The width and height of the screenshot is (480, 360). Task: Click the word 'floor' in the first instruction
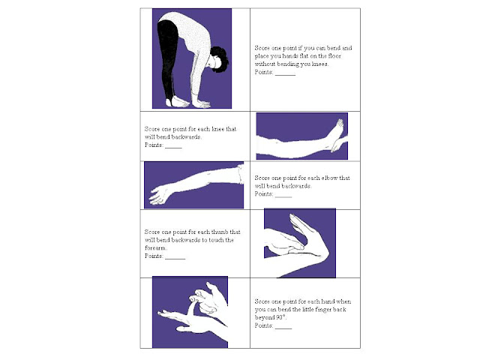coord(334,56)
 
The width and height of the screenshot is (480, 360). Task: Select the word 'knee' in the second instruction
coord(218,129)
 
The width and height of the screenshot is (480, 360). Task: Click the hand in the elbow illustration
coord(159,194)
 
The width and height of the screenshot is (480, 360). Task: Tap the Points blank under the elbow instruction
coord(283,196)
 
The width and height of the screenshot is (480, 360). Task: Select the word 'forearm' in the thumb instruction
coord(155,248)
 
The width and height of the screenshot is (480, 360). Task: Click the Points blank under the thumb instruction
coord(175,259)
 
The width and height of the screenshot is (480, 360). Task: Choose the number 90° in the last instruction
coord(280,317)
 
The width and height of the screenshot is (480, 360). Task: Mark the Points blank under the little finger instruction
coord(283,328)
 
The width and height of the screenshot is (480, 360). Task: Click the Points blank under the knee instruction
coord(173,148)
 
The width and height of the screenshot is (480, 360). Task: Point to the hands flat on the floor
coord(200,104)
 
